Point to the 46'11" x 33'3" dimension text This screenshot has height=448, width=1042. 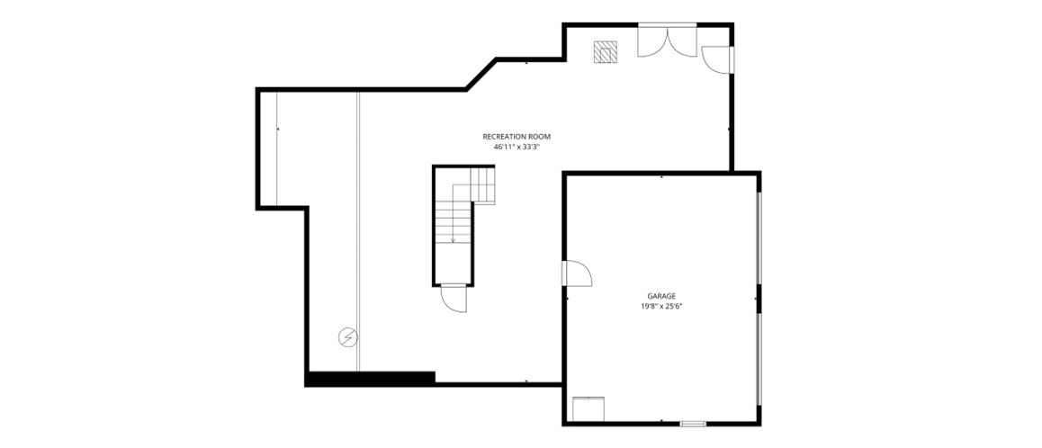(x=517, y=148)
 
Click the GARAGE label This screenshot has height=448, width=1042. (x=661, y=296)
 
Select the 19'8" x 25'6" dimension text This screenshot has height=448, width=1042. (x=661, y=307)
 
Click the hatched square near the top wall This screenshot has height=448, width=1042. (x=606, y=52)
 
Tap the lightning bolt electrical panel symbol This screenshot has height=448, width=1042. (x=347, y=337)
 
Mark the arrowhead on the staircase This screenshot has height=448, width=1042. (x=454, y=240)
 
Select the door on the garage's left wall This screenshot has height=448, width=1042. (x=577, y=273)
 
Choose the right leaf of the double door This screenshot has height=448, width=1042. (x=682, y=41)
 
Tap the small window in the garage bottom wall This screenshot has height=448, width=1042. (x=693, y=424)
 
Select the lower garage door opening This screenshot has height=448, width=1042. (x=759, y=359)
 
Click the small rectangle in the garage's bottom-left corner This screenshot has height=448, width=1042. (x=588, y=408)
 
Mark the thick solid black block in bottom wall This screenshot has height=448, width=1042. (x=371, y=378)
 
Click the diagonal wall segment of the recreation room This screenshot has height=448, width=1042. (x=481, y=74)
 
